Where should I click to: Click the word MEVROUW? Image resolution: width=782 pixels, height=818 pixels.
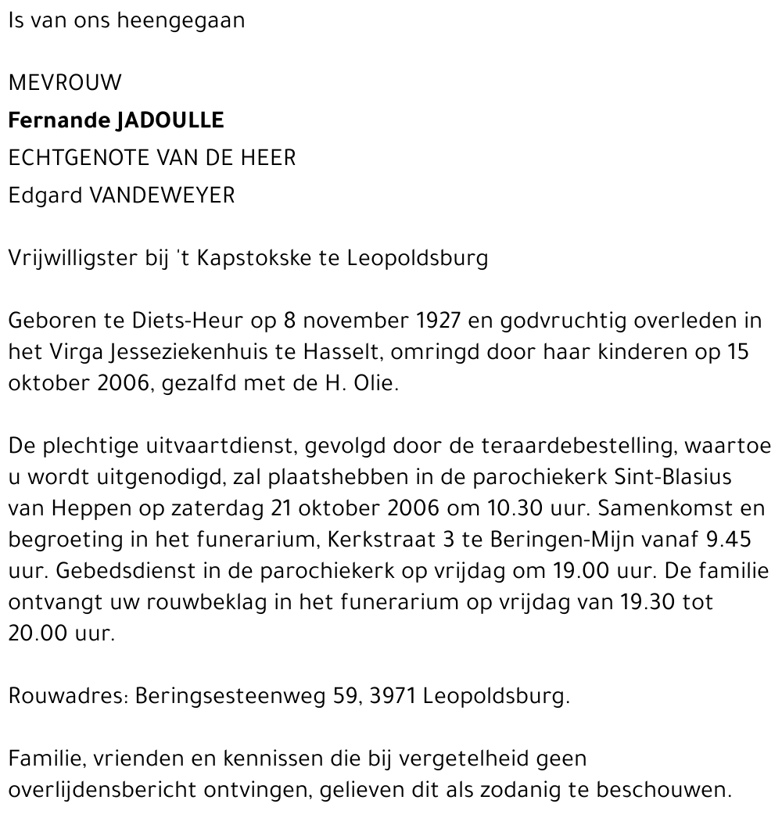point(65,82)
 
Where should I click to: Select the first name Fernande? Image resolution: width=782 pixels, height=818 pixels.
point(58,120)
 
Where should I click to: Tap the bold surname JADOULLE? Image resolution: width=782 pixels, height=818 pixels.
point(170,120)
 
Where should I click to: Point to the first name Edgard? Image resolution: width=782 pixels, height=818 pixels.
point(45,196)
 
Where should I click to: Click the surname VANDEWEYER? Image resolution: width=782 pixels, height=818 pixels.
point(163,196)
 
